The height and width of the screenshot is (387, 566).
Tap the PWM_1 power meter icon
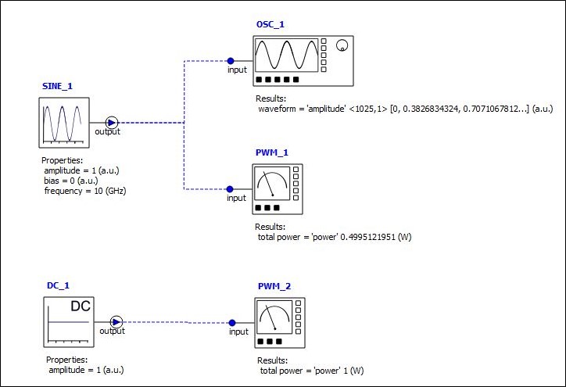tap(278, 188)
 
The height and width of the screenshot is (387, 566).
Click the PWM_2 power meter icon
tap(280, 322)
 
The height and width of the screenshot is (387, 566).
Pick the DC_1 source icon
tap(67, 322)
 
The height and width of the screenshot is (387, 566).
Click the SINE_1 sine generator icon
tap(63, 123)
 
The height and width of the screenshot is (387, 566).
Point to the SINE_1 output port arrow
tap(112, 122)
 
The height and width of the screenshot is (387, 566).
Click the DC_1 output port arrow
tap(116, 321)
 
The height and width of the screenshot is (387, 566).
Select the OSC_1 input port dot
tap(230, 60)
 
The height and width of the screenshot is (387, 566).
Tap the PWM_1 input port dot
tap(230, 188)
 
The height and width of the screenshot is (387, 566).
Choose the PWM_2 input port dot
tap(232, 322)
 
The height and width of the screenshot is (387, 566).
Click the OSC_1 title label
tap(270, 24)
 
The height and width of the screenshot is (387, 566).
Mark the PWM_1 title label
tap(271, 152)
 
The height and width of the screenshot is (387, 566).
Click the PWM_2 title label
tap(274, 286)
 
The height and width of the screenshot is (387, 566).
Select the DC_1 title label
tap(59, 286)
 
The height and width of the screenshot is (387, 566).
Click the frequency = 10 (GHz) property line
tap(85, 191)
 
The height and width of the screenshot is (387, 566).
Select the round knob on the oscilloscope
tap(341, 47)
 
